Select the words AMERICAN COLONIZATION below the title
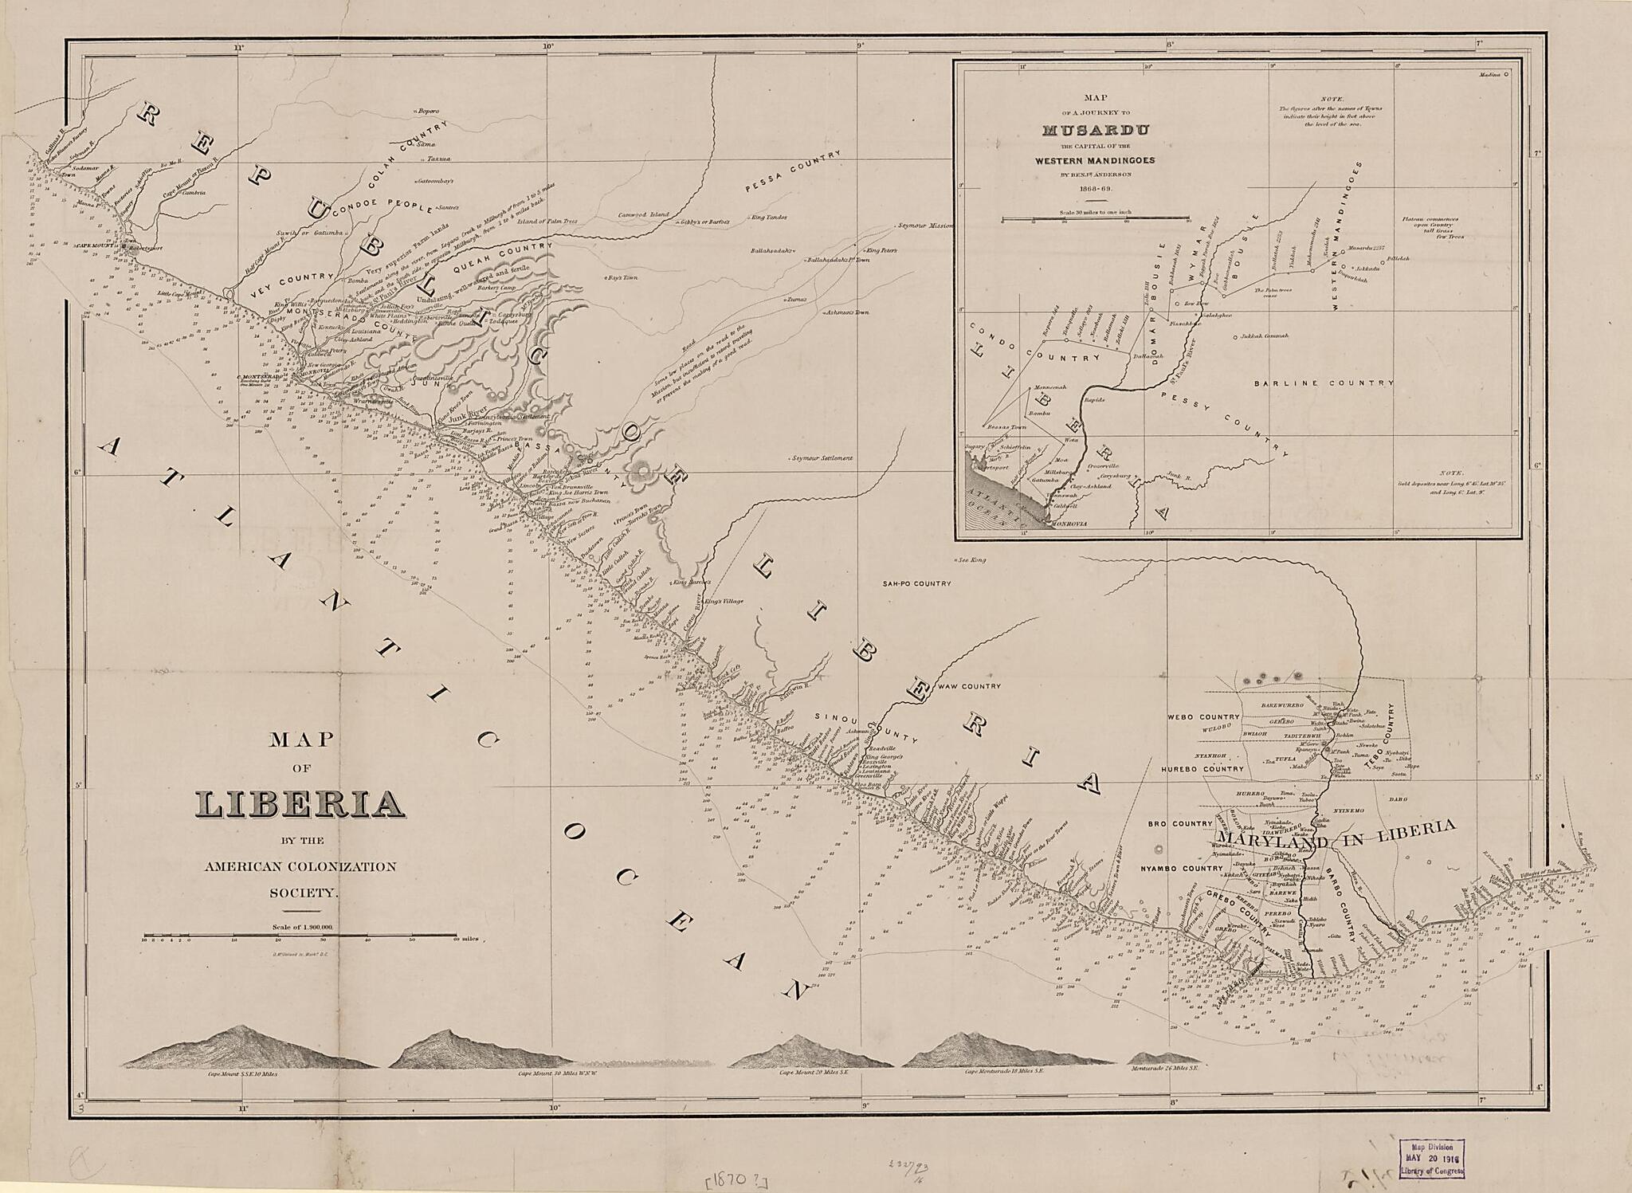click(300, 866)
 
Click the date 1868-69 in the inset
click(1096, 189)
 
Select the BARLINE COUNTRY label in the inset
click(1323, 383)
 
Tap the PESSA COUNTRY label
click(793, 172)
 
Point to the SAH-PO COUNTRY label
click(916, 583)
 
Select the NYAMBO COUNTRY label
click(1180, 868)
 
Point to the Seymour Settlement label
click(822, 458)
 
